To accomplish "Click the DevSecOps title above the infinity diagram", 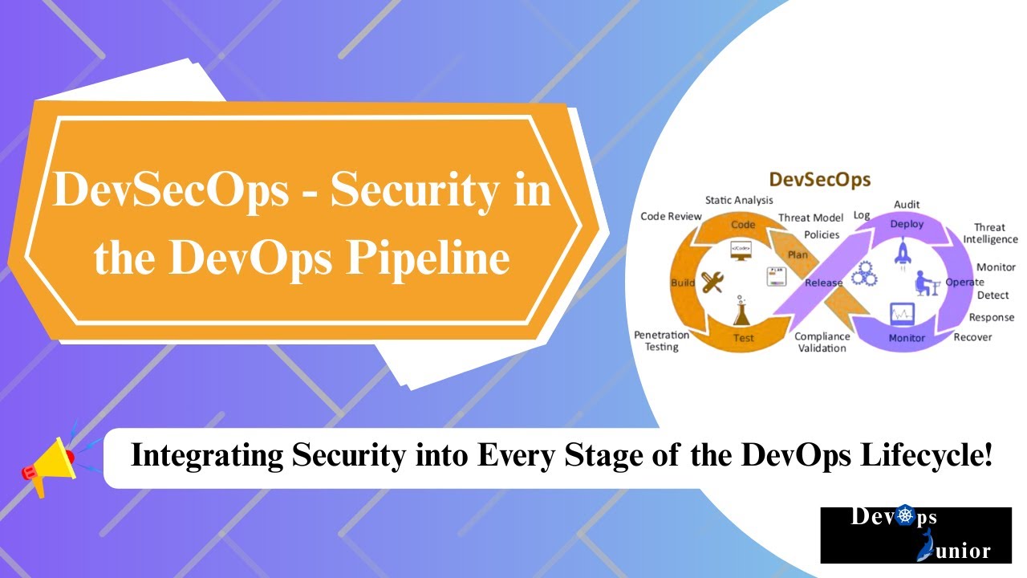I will pyautogui.click(x=819, y=178).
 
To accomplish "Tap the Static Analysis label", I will pyautogui.click(x=738, y=200).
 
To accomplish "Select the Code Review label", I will pyautogui.click(x=671, y=216).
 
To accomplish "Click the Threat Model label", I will pyautogui.click(x=810, y=218).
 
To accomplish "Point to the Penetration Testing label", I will pyautogui.click(x=662, y=340).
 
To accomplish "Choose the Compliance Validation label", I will pyautogui.click(x=822, y=342).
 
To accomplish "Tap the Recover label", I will pyautogui.click(x=972, y=337).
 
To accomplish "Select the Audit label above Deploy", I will pyautogui.click(x=907, y=205).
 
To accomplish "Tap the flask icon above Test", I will pyautogui.click(x=742, y=310).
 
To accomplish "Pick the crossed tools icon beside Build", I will pyautogui.click(x=712, y=283).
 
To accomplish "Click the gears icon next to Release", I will pyautogui.click(x=863, y=274).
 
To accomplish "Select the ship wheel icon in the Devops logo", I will pyautogui.click(x=905, y=517).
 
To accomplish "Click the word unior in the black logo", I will pyautogui.click(x=962, y=552).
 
